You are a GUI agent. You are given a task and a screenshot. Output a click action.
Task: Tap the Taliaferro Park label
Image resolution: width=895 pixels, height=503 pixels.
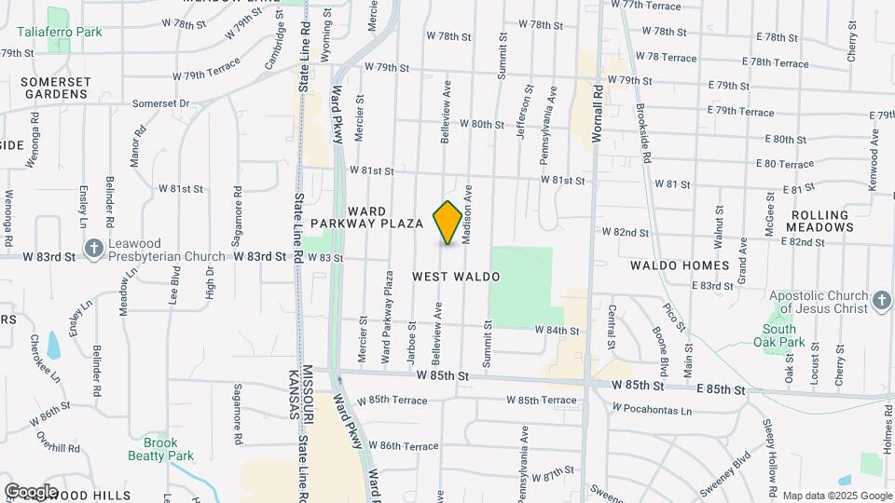coord(59,32)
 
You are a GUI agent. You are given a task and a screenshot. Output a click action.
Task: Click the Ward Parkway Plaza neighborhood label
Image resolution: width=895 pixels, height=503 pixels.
coord(367,218)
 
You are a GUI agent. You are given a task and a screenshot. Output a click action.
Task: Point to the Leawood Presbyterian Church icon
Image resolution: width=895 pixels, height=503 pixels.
coord(93,249)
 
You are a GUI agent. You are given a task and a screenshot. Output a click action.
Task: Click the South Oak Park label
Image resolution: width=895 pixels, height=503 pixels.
coord(779,335)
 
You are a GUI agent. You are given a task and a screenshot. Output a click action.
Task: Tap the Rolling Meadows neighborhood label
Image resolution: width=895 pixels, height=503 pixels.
coord(819,222)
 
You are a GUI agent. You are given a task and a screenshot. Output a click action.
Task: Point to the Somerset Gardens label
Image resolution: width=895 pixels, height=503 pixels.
coord(56,88)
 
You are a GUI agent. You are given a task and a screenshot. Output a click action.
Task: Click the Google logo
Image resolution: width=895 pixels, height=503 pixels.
coord(31,491)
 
